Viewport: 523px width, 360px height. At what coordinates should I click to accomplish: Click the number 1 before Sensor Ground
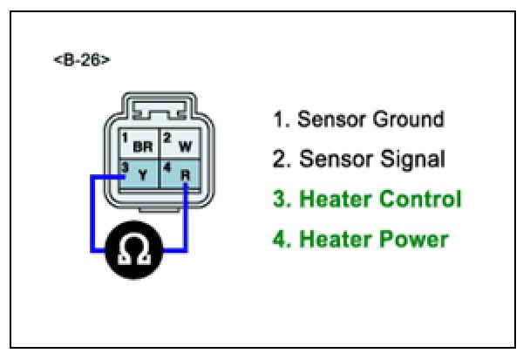coord(278,119)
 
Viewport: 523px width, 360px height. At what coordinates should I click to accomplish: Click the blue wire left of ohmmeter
coord(91,218)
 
